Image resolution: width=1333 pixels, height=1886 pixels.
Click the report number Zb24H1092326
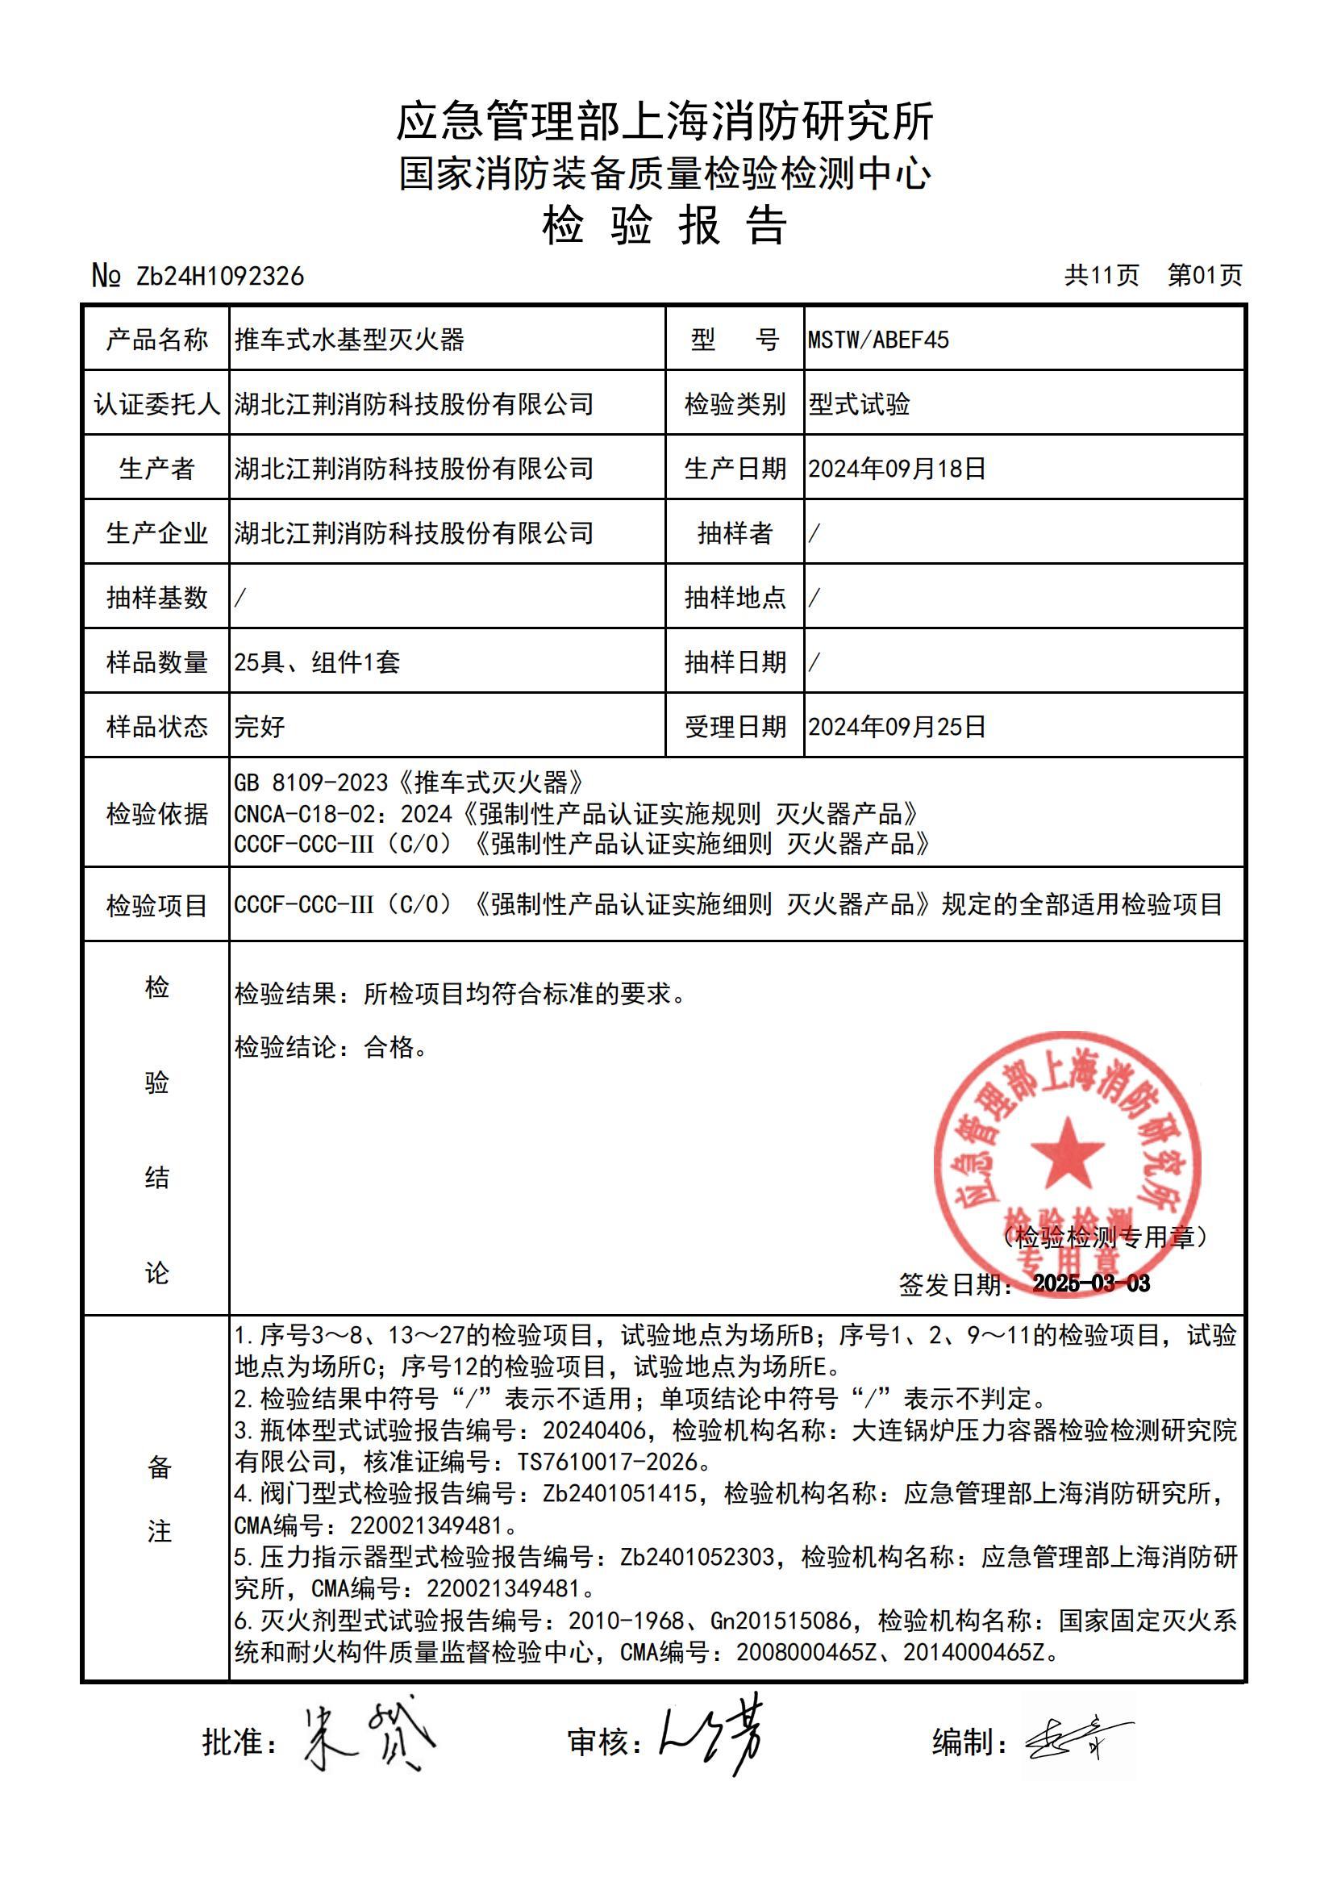click(x=219, y=277)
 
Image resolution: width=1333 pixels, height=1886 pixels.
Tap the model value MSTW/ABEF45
click(x=878, y=340)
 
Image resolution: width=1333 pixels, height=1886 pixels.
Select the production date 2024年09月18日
click(x=897, y=469)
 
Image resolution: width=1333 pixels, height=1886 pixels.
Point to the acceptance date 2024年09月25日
click(x=897, y=727)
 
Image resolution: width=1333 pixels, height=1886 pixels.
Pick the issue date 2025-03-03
click(x=1091, y=1284)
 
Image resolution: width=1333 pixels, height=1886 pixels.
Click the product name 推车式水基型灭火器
click(x=350, y=340)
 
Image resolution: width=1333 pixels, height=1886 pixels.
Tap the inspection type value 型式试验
click(x=859, y=404)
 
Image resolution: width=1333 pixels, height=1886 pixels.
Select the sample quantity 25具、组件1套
click(x=317, y=662)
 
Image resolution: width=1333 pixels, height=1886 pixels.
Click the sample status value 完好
click(x=260, y=727)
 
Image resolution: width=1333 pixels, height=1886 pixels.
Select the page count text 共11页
click(x=1102, y=275)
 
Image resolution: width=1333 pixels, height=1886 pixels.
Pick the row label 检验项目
click(x=157, y=905)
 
